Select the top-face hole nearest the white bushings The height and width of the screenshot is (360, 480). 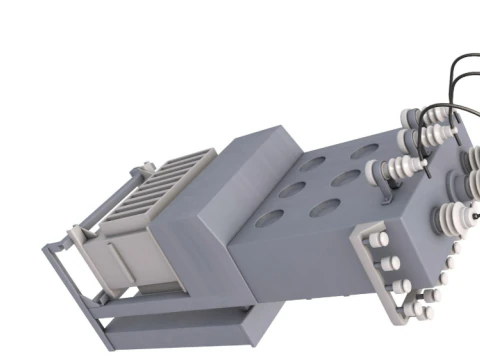(x=364, y=153)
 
